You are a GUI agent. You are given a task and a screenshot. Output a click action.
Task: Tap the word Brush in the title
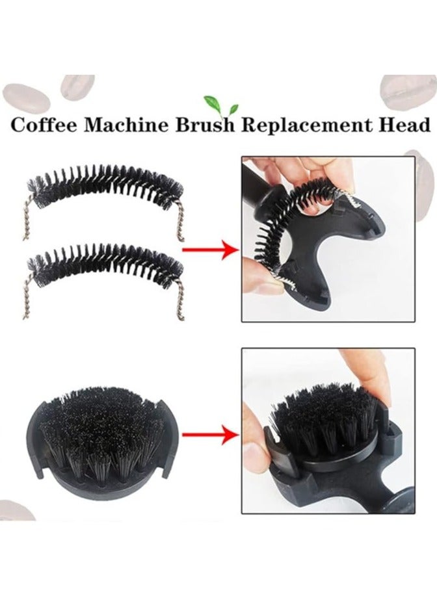204,125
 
